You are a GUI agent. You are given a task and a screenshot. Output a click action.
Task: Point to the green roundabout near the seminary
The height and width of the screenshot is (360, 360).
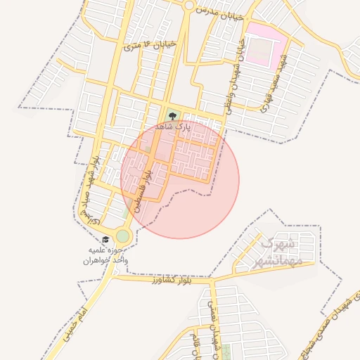coord(123,236)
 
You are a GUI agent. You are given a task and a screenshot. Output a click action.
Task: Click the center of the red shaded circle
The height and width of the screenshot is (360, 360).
coord(180,179)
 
